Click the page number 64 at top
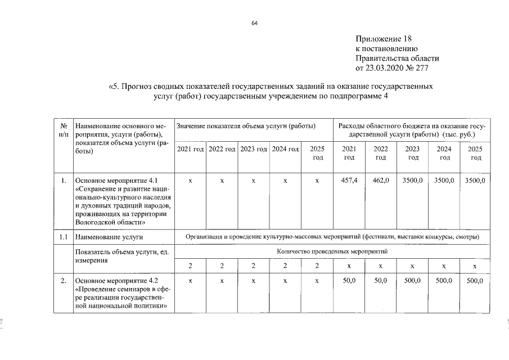coord(254,23)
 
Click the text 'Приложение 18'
coord(384,39)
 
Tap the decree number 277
coord(431,68)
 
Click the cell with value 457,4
coord(349,181)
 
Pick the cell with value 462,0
coord(381,181)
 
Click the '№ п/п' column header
coord(64,130)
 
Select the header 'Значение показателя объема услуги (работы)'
coord(246,126)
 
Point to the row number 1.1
coord(64,237)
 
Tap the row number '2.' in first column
coord(64,280)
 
